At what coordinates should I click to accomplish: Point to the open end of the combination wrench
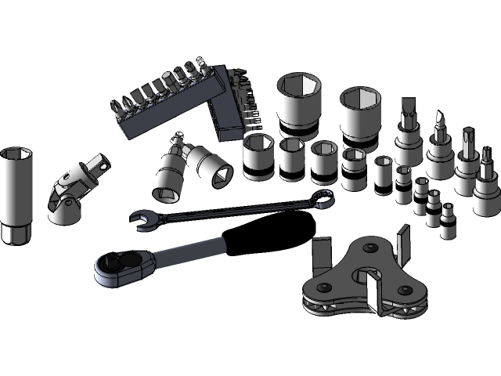tap(144, 220)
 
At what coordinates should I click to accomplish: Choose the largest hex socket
tap(300, 102)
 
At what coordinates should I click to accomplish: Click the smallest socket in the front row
tap(448, 222)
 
